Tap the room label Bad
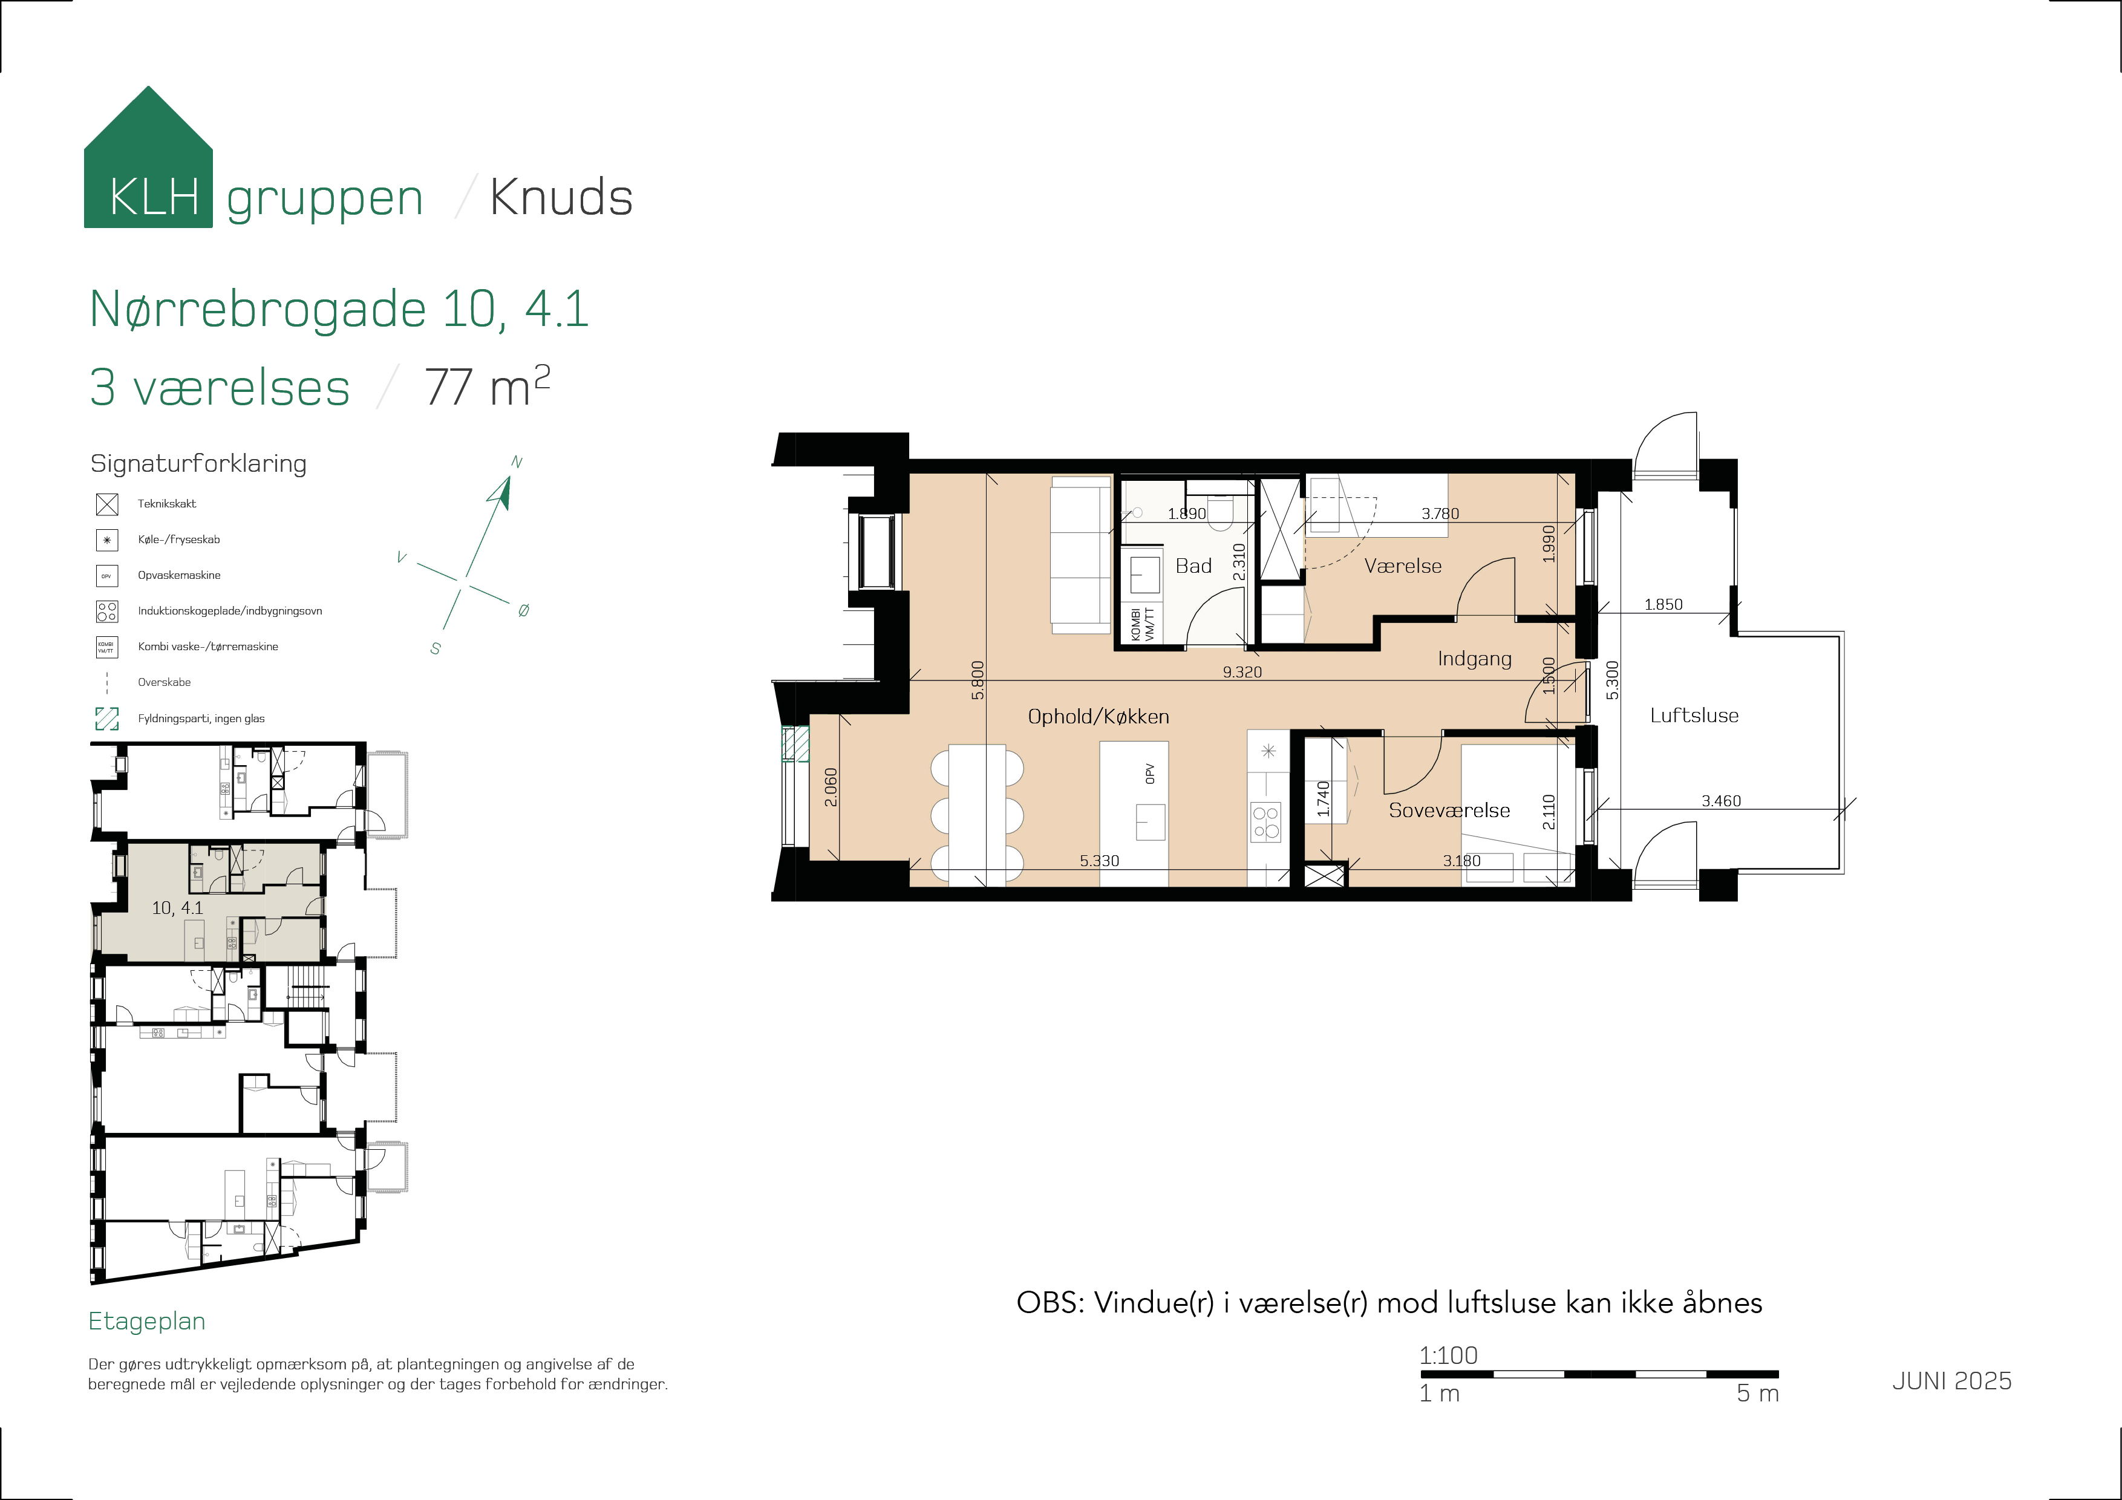pos(1193,566)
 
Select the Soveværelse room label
pos(1449,810)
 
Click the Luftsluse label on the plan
pos(1694,716)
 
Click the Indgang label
pos(1474,659)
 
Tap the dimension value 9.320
pos(1242,672)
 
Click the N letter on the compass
pos(517,462)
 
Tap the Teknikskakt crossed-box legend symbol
pos(107,504)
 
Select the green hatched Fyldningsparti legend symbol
pos(107,718)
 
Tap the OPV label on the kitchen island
pos(1150,774)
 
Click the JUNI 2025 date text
pos(1952,1381)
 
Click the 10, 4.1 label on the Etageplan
pos(177,908)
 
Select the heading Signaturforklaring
pos(198,464)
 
